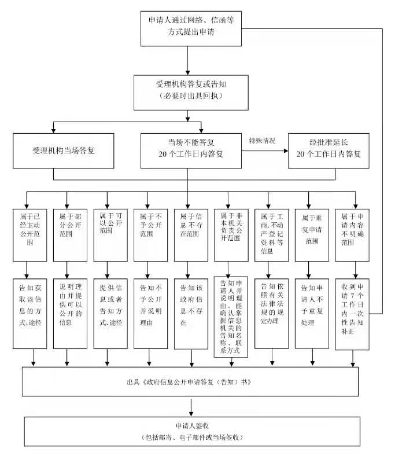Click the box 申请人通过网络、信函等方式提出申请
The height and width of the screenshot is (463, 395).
tap(191, 27)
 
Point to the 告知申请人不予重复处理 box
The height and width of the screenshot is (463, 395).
tap(312, 313)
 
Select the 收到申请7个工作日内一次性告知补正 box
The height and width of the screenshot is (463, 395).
tap(353, 313)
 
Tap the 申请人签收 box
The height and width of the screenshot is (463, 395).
tap(191, 432)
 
